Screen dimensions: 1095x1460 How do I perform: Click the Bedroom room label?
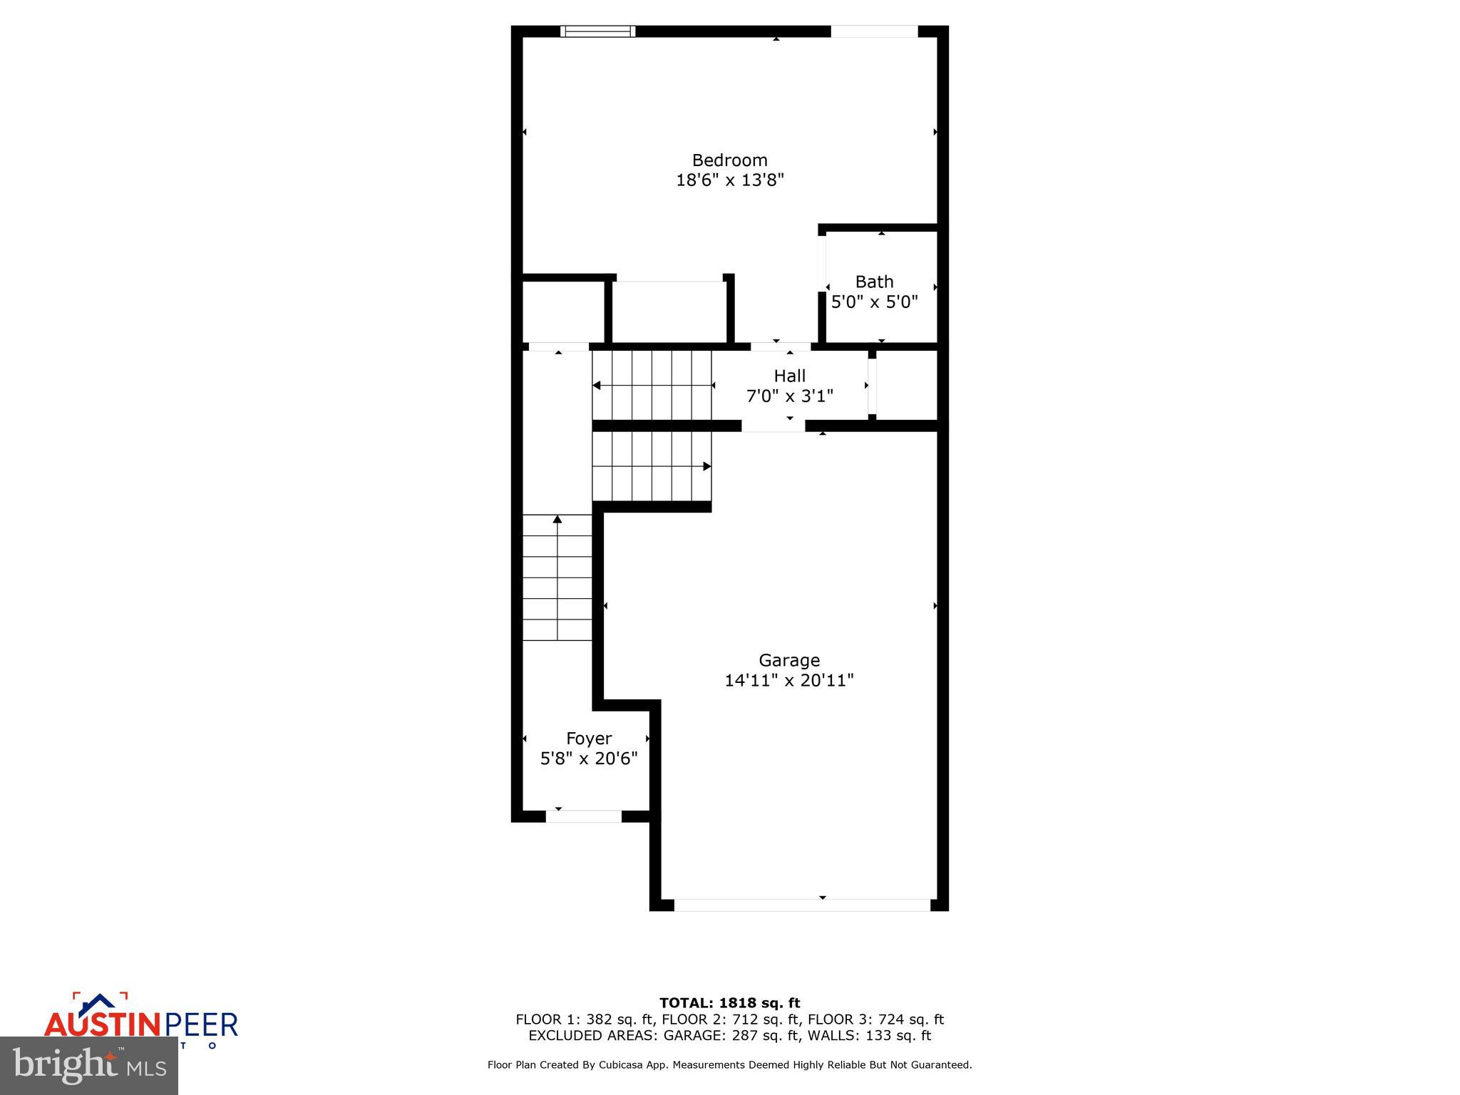(729, 160)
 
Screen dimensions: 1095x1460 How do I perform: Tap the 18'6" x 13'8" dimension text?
(729, 180)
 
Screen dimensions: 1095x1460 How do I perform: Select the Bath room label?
(874, 282)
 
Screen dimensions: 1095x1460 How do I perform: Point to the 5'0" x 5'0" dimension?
(874, 302)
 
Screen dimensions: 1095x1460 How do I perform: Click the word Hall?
(790, 376)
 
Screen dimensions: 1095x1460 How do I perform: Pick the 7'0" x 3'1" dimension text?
(789, 396)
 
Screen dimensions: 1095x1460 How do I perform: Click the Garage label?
(788, 660)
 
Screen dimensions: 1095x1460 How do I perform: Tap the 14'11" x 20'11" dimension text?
(788, 681)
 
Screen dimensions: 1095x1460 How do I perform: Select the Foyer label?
(589, 739)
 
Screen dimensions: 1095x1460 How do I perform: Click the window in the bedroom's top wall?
(597, 31)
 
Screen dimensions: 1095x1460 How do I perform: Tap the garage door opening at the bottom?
(802, 905)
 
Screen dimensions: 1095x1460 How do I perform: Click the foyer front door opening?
(584, 816)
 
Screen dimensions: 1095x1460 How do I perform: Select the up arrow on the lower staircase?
(557, 520)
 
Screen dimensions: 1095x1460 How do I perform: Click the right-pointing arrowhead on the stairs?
(706, 466)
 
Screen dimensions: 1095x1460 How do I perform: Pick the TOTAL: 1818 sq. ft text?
(729, 1003)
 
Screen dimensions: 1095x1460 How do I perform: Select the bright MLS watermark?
(89, 1066)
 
